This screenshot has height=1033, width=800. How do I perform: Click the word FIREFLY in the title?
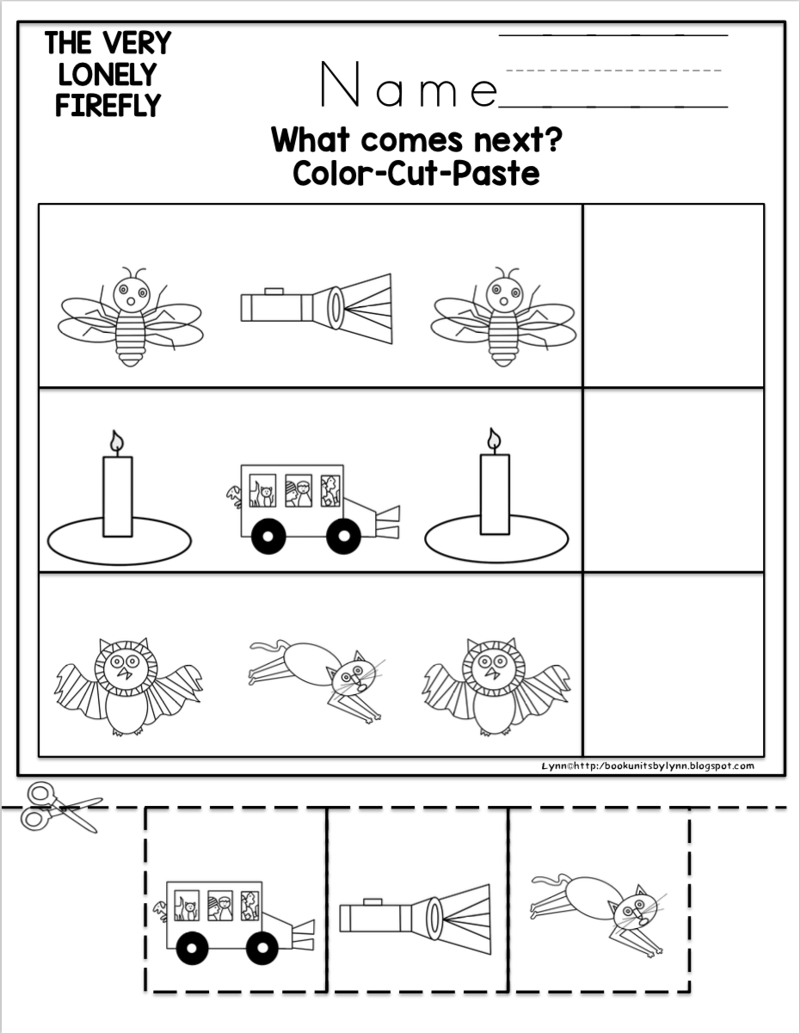108,105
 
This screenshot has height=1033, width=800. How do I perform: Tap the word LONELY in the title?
108,74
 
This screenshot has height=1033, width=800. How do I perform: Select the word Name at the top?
409,84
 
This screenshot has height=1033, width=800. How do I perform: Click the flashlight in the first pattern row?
316,308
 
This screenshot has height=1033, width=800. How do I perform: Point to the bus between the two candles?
314,509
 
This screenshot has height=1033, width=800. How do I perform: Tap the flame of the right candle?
495,439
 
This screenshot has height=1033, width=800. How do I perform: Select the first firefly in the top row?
130,317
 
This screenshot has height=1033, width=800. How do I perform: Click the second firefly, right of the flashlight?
503,317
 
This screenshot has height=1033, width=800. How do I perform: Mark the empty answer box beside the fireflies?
674,295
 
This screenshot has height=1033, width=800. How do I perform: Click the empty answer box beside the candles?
674,480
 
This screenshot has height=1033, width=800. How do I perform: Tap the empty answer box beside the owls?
674,664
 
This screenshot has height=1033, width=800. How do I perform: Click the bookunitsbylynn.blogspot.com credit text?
648,766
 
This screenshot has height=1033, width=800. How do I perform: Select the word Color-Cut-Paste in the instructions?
416,174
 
